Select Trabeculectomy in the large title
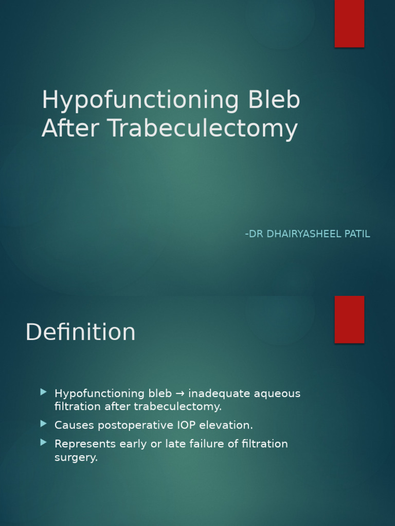203,129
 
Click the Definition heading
80,332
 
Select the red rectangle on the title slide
349,23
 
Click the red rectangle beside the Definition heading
349,319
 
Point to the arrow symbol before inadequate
180,394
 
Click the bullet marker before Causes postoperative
44,424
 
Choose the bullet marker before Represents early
44,442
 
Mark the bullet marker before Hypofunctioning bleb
44,392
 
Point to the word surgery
76,458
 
